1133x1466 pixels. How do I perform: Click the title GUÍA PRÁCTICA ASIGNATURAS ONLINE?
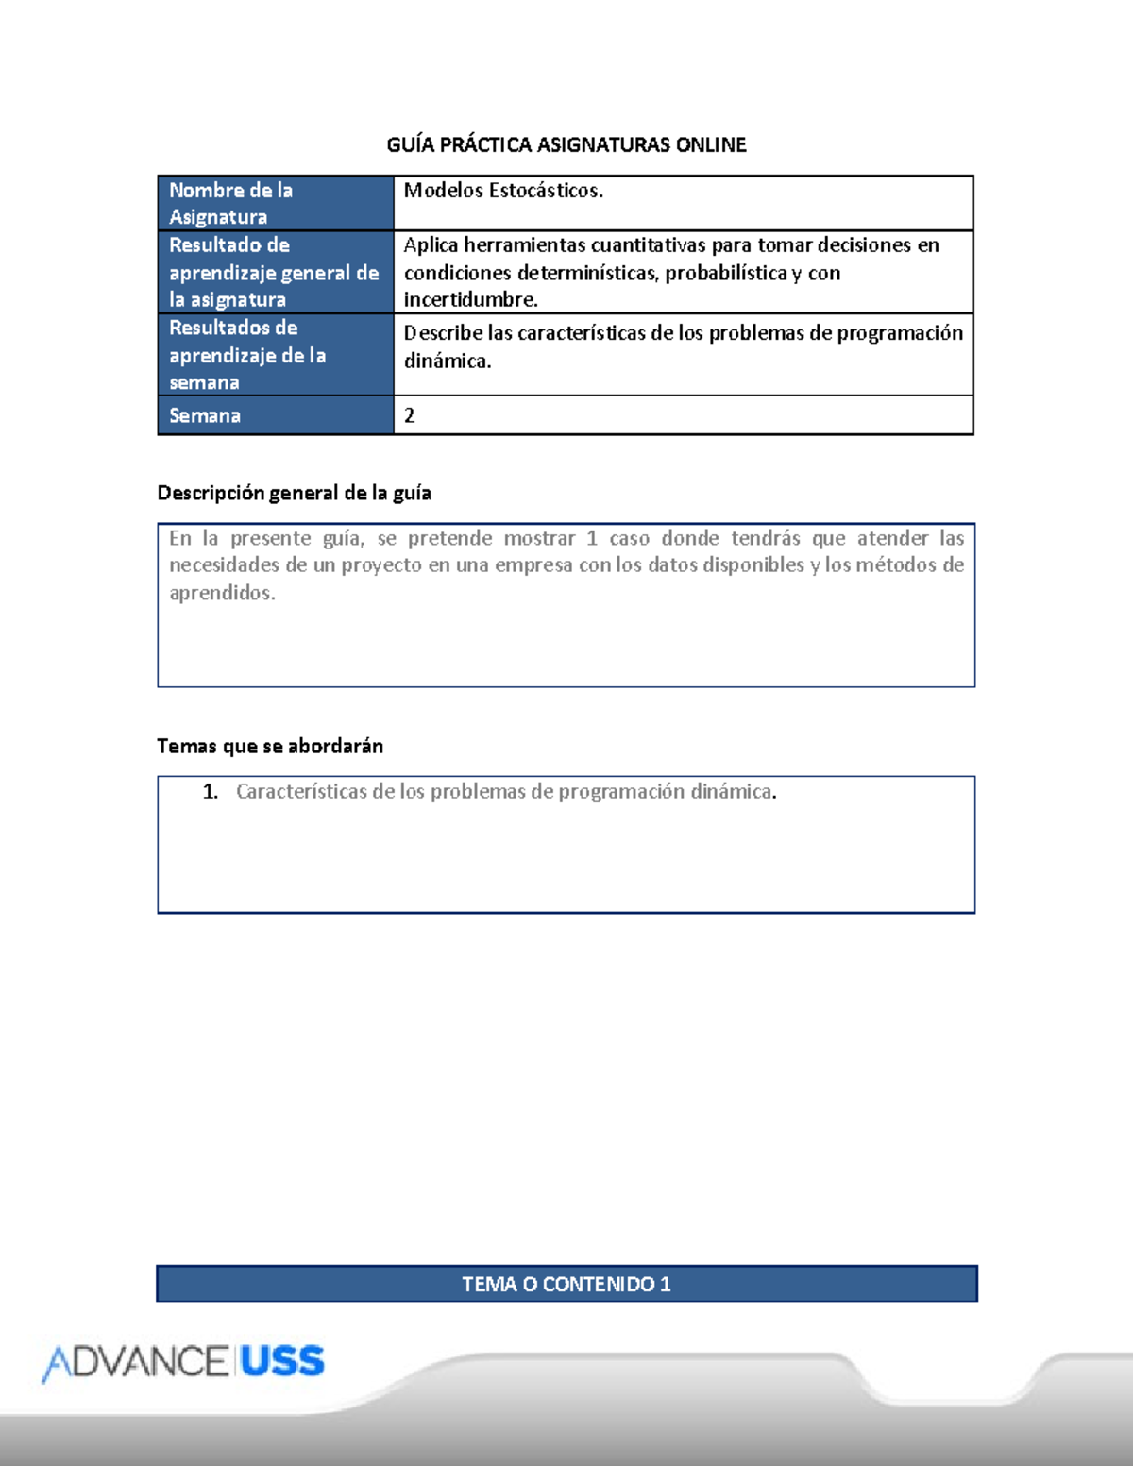pyautogui.click(x=566, y=144)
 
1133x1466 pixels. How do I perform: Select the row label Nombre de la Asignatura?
pyautogui.click(x=231, y=203)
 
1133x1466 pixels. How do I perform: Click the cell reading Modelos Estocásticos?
pyautogui.click(x=503, y=191)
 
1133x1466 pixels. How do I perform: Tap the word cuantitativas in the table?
pyautogui.click(x=648, y=245)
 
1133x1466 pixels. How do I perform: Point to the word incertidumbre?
pyautogui.click(x=470, y=300)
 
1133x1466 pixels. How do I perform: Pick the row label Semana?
pyautogui.click(x=205, y=415)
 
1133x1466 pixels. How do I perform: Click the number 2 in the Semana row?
pyautogui.click(x=410, y=415)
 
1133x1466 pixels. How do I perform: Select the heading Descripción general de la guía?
pyautogui.click(x=294, y=493)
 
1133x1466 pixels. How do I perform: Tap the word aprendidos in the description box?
pyautogui.click(x=222, y=593)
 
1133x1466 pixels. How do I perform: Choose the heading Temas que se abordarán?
pyautogui.click(x=270, y=746)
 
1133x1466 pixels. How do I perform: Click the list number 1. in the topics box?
pyautogui.click(x=211, y=791)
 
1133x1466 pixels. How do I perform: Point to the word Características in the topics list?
pyautogui.click(x=301, y=791)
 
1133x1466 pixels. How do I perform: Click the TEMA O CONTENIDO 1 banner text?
pyautogui.click(x=566, y=1284)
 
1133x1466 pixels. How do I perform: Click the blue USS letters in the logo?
pyautogui.click(x=282, y=1361)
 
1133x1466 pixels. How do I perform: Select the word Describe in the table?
pyautogui.click(x=443, y=333)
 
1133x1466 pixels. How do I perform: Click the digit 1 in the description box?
pyautogui.click(x=592, y=538)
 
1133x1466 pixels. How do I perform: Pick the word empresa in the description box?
pyautogui.click(x=533, y=565)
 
